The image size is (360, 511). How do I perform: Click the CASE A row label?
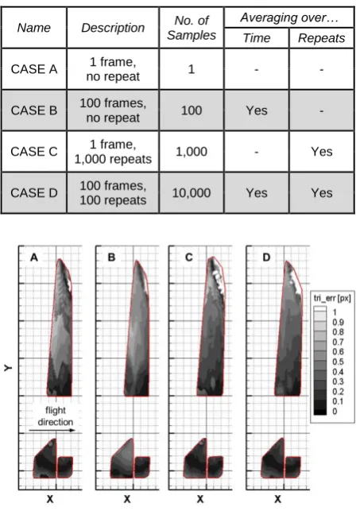pos(34,69)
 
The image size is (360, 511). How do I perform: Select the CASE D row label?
pos(34,192)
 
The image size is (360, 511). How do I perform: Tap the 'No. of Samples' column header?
pos(192,28)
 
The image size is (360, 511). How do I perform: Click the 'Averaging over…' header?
pos(289,17)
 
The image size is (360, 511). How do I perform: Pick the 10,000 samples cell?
pos(192,193)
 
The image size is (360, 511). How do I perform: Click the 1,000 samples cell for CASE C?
pos(192,152)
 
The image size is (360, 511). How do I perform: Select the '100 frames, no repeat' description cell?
pos(113,110)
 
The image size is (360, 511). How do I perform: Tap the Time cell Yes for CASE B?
pos(257,110)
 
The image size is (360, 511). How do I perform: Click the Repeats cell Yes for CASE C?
pos(322,152)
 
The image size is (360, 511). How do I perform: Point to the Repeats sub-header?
pos(322,38)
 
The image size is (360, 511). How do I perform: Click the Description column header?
pos(113,28)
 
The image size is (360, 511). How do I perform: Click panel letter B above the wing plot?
pos(111,257)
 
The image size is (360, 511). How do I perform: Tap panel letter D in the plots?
pos(266,257)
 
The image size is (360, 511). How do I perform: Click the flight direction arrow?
pos(52,431)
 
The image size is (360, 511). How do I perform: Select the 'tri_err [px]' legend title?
pos(332,298)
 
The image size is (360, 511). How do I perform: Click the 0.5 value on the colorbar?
pos(338,362)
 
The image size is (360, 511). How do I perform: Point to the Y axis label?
pos(8,368)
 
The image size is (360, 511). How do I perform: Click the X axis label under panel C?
pos(200,499)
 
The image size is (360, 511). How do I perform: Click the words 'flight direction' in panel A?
pos(55,416)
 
